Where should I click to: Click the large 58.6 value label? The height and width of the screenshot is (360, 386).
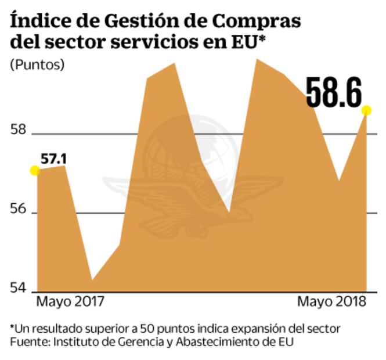click(x=334, y=92)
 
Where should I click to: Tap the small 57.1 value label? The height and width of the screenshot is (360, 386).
click(x=53, y=159)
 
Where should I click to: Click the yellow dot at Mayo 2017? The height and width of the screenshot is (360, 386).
click(x=35, y=170)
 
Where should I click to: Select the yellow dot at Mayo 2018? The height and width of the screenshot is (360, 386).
click(x=366, y=110)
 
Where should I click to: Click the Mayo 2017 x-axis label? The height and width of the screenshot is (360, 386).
click(x=70, y=302)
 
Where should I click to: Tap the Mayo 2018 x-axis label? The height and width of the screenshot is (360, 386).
click(x=332, y=302)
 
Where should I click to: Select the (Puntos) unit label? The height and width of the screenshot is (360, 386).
click(x=37, y=64)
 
